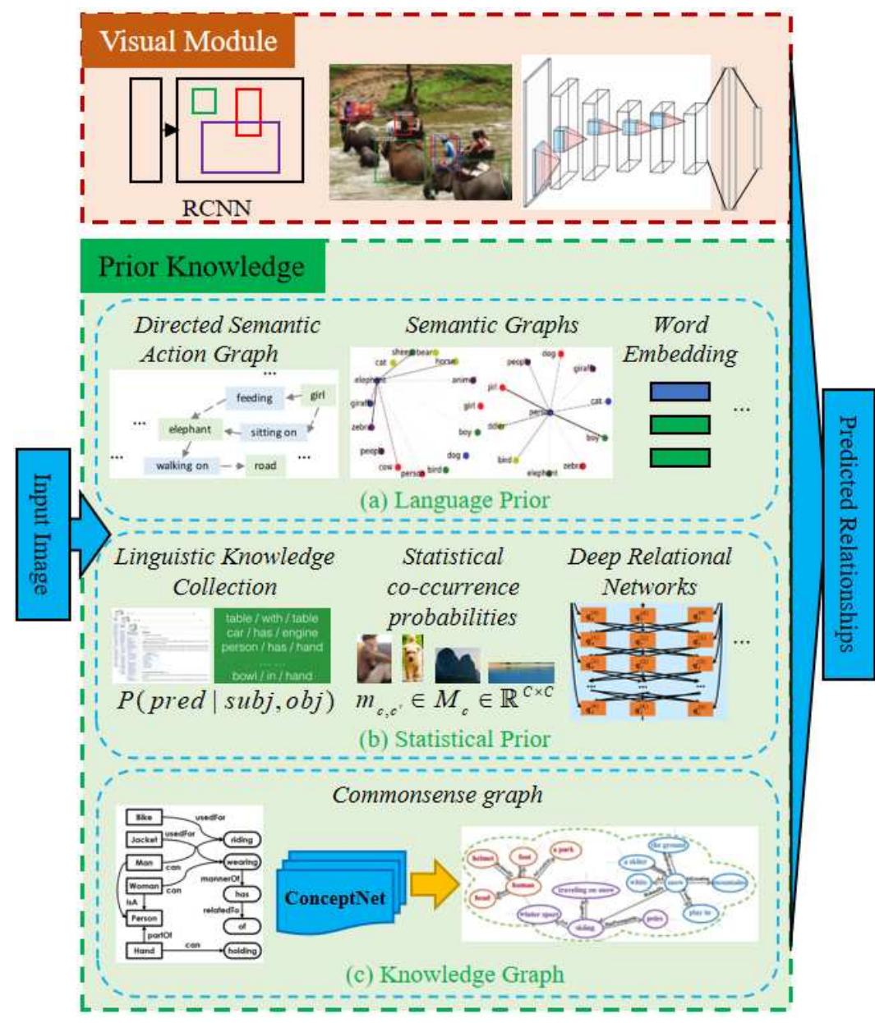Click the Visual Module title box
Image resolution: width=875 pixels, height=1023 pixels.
pos(188,41)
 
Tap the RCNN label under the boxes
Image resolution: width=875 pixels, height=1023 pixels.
pos(216,207)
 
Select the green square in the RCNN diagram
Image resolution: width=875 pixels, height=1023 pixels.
pos(204,101)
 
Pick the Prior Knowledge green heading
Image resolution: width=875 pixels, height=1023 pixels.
pos(202,267)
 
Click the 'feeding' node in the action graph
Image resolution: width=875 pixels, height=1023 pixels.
pos(254,398)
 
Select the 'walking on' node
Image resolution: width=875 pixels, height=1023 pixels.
pos(182,466)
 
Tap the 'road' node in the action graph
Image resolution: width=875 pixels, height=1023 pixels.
pos(265,466)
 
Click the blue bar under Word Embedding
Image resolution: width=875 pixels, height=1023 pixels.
pos(679,392)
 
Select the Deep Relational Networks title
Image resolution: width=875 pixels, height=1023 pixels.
pos(649,571)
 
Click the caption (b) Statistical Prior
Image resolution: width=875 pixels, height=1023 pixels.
pos(454,738)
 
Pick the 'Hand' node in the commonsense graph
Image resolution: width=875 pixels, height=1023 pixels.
pos(144,951)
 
